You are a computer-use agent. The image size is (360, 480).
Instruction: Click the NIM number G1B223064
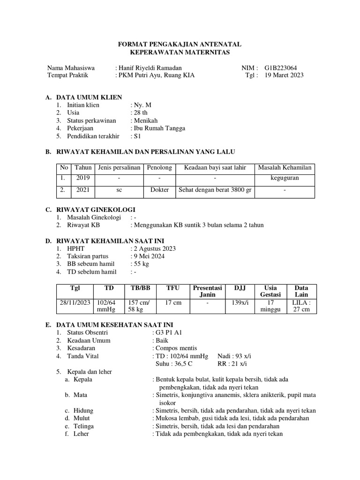click(284, 67)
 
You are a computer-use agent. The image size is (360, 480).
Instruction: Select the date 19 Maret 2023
click(284, 75)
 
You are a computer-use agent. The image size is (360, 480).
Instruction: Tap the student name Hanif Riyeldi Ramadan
click(150, 67)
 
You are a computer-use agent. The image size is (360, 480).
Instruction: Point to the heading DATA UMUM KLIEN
click(89, 97)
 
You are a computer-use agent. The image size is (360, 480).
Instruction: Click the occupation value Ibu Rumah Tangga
click(159, 128)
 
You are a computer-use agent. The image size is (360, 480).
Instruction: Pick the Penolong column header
click(159, 167)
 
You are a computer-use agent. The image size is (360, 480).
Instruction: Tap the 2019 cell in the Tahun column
click(82, 178)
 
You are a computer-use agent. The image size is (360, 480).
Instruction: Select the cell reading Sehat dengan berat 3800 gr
click(215, 190)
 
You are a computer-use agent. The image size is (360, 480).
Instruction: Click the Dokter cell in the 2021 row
click(159, 190)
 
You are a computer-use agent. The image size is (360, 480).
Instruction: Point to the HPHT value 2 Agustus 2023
click(155, 248)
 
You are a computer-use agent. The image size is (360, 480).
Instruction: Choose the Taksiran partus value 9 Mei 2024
click(149, 256)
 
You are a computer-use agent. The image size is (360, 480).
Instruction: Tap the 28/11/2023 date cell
click(75, 303)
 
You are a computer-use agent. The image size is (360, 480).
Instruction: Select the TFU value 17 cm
click(173, 303)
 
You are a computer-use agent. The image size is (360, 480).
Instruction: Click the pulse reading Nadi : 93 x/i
click(234, 356)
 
